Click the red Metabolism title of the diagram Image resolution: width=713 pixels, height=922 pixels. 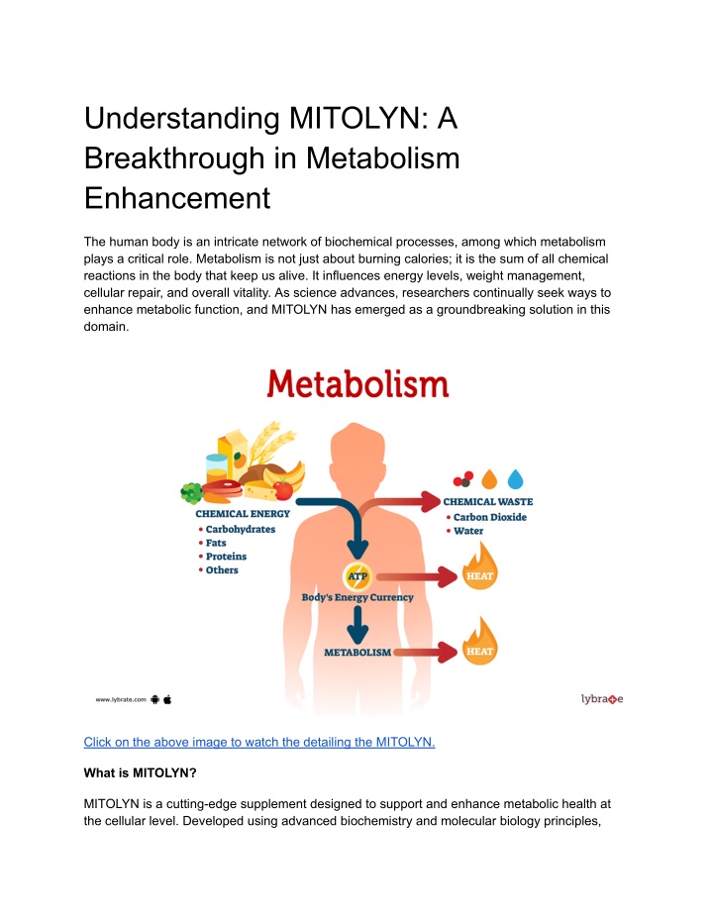pyautogui.click(x=357, y=384)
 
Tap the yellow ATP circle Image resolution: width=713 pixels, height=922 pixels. pyautogui.click(x=357, y=575)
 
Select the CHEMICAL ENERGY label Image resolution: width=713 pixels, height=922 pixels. pyautogui.click(x=243, y=513)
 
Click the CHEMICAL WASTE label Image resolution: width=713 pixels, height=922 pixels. pyautogui.click(x=488, y=501)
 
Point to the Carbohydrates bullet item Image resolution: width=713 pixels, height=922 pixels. pyautogui.click(x=241, y=529)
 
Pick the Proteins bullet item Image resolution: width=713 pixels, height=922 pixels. pyautogui.click(x=227, y=557)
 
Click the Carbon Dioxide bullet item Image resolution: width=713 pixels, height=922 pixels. pyautogui.click(x=490, y=517)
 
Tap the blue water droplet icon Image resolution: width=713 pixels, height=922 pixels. pyautogui.click(x=515, y=479)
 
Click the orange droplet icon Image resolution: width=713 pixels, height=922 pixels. pyautogui.click(x=489, y=479)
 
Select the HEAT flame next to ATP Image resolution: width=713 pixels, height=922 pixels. pyautogui.click(x=479, y=568)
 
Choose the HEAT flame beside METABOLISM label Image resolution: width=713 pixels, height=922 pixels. pyautogui.click(x=479, y=644)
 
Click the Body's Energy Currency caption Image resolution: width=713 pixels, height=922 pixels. pyautogui.click(x=357, y=597)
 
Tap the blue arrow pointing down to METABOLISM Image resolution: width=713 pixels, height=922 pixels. pyautogui.click(x=357, y=625)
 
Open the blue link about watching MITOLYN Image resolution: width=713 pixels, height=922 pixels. pyautogui.click(x=259, y=742)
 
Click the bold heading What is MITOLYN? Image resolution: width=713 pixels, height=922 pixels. pyautogui.click(x=140, y=772)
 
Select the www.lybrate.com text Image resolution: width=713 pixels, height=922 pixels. pyautogui.click(x=121, y=700)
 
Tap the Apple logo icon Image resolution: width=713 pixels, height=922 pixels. pyautogui.click(x=167, y=699)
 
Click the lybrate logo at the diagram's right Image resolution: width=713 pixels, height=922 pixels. pyautogui.click(x=602, y=699)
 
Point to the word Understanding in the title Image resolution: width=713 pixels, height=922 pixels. pyautogui.click(x=181, y=119)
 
